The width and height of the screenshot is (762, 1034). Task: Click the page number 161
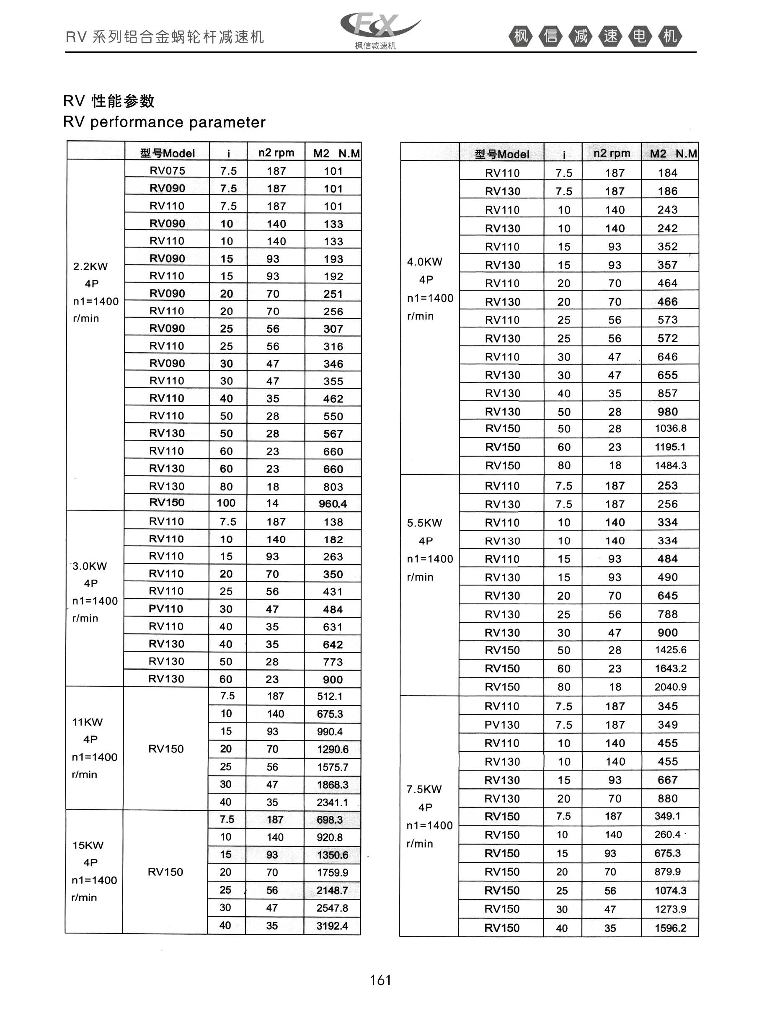[x=380, y=980]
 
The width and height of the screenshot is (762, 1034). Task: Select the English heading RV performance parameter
[x=164, y=122]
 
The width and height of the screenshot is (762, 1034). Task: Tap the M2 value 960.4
[x=333, y=504]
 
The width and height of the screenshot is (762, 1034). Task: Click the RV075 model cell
[x=167, y=170]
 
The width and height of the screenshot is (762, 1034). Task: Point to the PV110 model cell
[x=166, y=609]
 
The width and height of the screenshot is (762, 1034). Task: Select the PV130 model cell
[x=502, y=725]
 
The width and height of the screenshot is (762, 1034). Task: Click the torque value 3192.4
[x=332, y=926]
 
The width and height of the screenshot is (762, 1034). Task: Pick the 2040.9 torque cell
[x=670, y=687]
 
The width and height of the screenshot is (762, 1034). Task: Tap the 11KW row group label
[x=88, y=722]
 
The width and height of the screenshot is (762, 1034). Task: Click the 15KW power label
[x=88, y=845]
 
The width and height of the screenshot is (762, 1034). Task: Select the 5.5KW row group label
[x=424, y=523]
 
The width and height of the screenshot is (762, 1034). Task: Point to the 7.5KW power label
[x=424, y=789]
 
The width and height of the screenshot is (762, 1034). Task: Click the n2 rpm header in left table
[x=276, y=152]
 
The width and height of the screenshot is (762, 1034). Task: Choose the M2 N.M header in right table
[x=673, y=154]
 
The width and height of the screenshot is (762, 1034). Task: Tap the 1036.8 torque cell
[x=670, y=428]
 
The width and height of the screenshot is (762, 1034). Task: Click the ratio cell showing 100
[x=226, y=503]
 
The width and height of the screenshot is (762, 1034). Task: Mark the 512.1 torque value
[x=329, y=696]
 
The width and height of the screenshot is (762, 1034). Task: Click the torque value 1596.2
[x=670, y=928]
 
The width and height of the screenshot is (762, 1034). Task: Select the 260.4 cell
[x=667, y=834]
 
